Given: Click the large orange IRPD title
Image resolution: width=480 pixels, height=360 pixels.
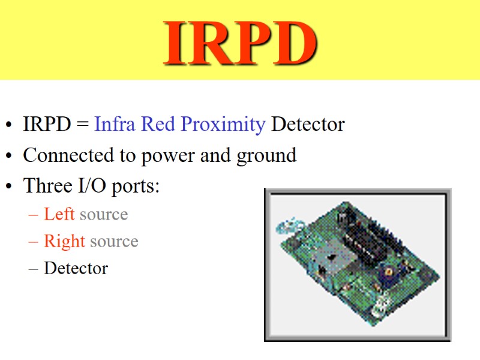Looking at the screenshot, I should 240,43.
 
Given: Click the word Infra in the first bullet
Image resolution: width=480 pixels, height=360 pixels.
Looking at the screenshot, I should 114,124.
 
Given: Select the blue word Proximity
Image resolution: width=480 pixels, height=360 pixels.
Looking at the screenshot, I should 223,124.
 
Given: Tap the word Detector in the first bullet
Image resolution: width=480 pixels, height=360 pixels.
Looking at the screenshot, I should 308,124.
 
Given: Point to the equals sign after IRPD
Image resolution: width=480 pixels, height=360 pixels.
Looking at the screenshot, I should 82,125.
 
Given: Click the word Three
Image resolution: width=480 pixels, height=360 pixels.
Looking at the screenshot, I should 46,185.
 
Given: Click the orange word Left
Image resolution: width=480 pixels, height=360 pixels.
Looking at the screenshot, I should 59,214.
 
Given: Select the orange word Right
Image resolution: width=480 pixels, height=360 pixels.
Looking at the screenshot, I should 64,242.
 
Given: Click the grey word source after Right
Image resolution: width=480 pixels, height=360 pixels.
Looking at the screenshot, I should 114,242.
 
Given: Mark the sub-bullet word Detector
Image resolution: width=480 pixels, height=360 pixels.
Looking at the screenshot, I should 76,268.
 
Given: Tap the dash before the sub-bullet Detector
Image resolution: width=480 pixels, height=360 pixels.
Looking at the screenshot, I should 34,268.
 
